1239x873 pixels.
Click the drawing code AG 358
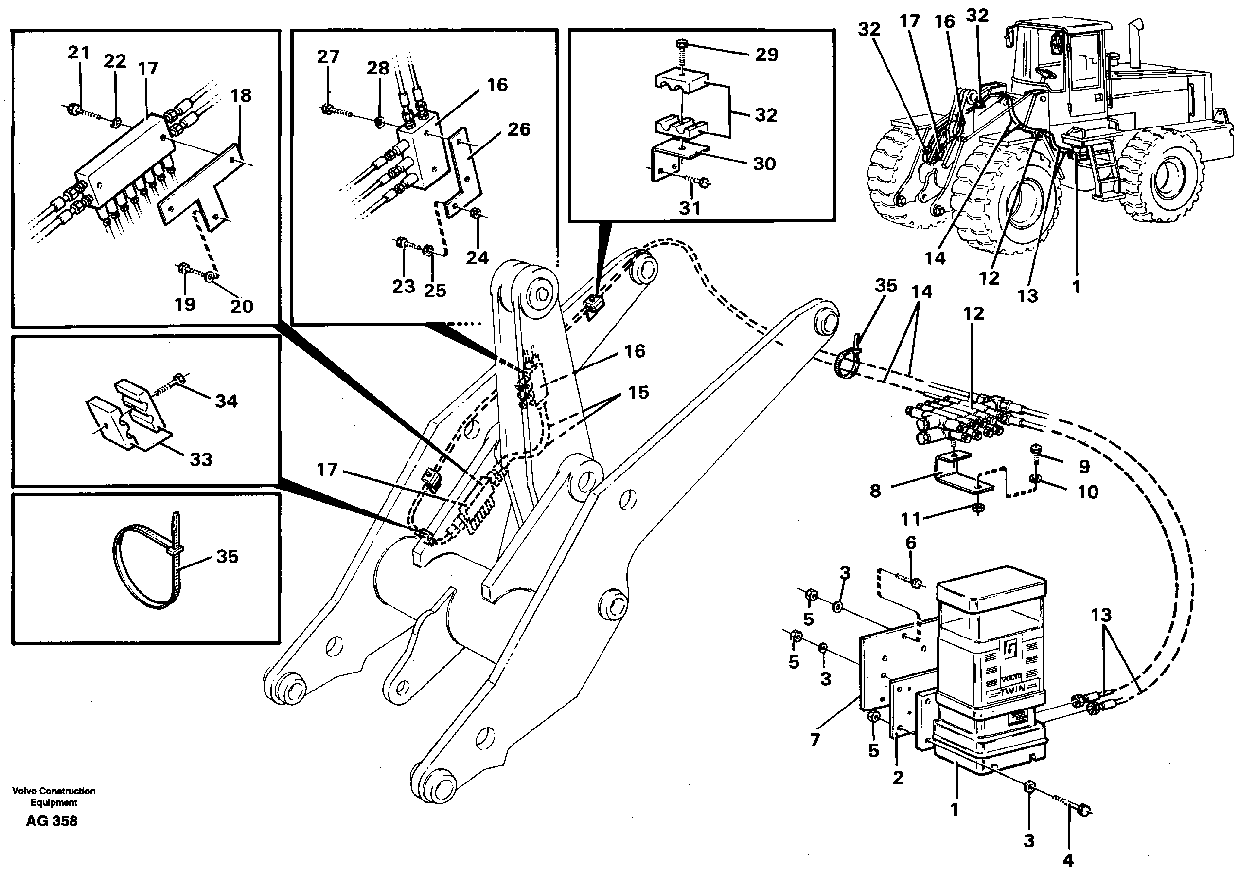pyautogui.click(x=52, y=821)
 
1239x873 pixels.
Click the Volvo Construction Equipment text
pyautogui.click(x=53, y=796)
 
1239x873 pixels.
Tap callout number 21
pyautogui.click(x=78, y=53)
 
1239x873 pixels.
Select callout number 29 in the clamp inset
pyautogui.click(x=766, y=55)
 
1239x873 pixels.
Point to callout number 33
pyautogui.click(x=201, y=459)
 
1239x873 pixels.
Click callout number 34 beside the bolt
pyautogui.click(x=226, y=401)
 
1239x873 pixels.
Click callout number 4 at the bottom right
pyautogui.click(x=1068, y=859)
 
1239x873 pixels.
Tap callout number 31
pyautogui.click(x=690, y=208)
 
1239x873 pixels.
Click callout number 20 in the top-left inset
pyautogui.click(x=241, y=306)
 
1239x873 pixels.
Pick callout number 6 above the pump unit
pyautogui.click(x=911, y=543)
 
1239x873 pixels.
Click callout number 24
pyautogui.click(x=477, y=258)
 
